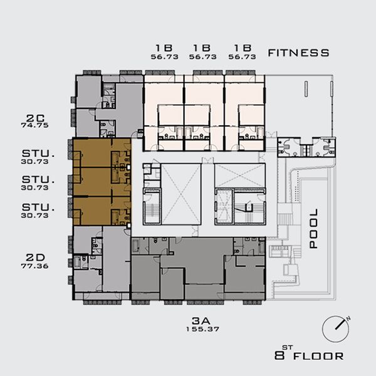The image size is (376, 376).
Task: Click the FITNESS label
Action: [x=298, y=53]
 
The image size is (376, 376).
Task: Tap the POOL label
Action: [x=314, y=228]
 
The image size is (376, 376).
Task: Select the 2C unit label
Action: [x=35, y=118]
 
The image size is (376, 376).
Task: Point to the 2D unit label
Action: [x=35, y=258]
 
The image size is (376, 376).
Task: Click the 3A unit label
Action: [x=201, y=321]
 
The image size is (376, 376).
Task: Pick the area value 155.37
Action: [x=203, y=329]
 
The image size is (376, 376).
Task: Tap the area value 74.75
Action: [x=35, y=125]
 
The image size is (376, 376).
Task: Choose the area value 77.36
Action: [x=35, y=266]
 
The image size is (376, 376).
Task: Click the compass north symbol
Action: [x=335, y=329]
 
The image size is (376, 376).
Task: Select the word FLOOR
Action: [x=318, y=356]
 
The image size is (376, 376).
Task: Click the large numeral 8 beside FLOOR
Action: [x=279, y=355]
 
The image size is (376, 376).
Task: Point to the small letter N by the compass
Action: [x=348, y=318]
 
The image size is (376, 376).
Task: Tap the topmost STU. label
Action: [x=38, y=154]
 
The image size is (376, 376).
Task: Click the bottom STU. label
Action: [x=38, y=207]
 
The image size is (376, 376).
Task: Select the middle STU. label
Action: [x=38, y=180]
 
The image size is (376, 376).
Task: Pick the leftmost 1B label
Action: [x=164, y=48]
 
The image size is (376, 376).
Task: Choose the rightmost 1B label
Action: [x=243, y=48]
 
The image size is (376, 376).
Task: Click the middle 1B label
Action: [x=202, y=48]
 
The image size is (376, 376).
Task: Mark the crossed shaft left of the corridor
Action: [x=181, y=194]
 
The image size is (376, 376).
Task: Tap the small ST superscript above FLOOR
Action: [x=287, y=347]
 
